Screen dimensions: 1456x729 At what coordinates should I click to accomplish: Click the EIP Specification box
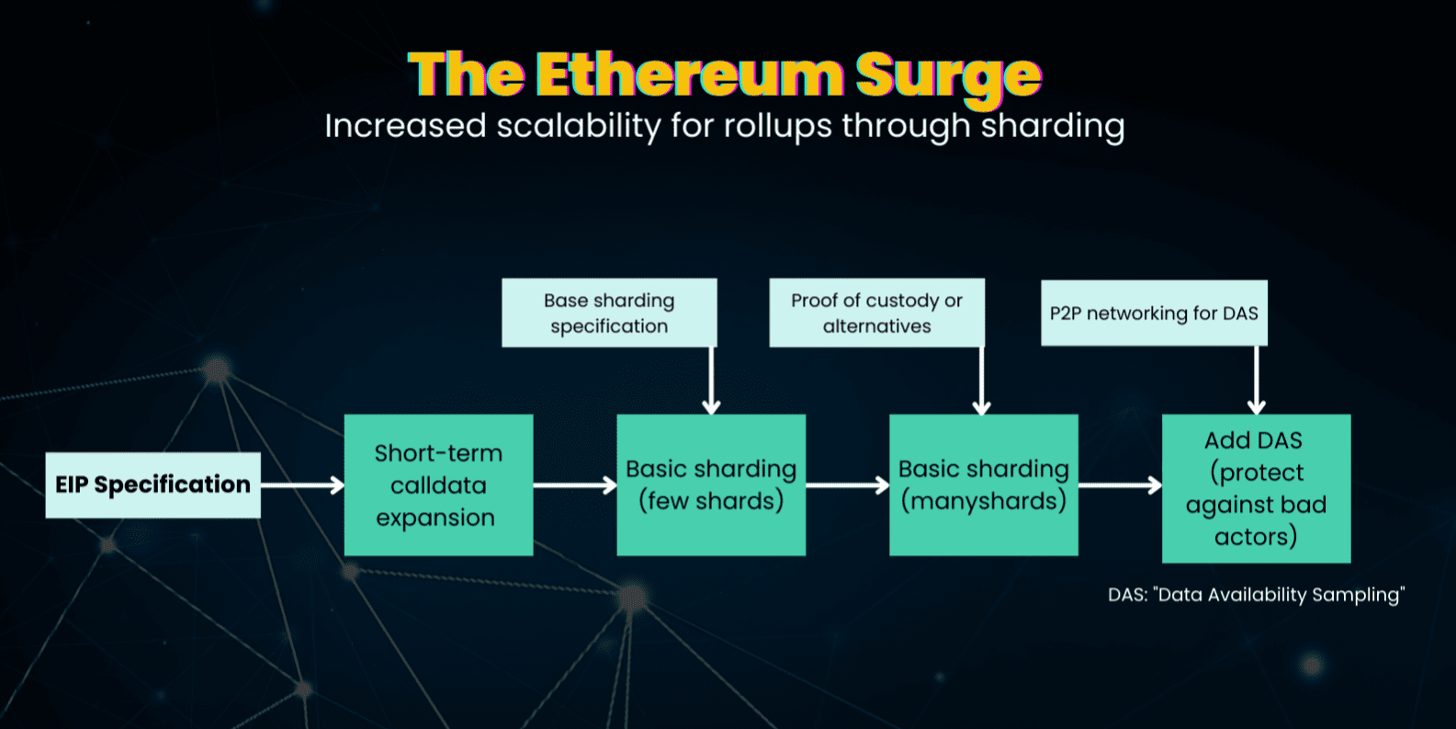pos(152,485)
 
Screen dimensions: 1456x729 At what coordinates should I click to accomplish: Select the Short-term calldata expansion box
pos(439,485)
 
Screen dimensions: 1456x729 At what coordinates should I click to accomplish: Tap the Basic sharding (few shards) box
pos(711,485)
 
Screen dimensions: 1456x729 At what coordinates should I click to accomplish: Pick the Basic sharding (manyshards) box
pos(984,485)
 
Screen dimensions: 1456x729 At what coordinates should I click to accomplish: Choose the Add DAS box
pos(1257,488)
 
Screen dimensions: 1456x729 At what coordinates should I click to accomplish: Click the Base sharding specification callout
pos(610,313)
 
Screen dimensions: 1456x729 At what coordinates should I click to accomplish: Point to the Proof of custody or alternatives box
pos(877,313)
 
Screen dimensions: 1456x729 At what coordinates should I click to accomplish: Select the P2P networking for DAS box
pos(1154,313)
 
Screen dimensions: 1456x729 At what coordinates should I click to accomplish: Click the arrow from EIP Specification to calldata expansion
pos(303,485)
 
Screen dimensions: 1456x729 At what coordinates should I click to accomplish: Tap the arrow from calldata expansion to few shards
pos(575,485)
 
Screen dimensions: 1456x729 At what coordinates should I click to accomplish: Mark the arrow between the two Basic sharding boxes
pos(848,485)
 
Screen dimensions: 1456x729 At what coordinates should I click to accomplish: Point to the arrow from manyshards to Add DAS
pos(1120,485)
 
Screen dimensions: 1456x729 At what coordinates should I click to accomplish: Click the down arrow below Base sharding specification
pos(712,382)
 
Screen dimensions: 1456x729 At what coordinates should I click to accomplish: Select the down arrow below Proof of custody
pos(981,382)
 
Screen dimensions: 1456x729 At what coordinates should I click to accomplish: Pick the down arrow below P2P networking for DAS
pos(1257,381)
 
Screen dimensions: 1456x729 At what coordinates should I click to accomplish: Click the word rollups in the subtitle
pos(777,126)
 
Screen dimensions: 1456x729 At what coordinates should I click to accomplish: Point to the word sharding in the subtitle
pos(1053,126)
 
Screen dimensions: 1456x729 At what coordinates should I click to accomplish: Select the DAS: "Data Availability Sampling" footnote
pos(1257,595)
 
